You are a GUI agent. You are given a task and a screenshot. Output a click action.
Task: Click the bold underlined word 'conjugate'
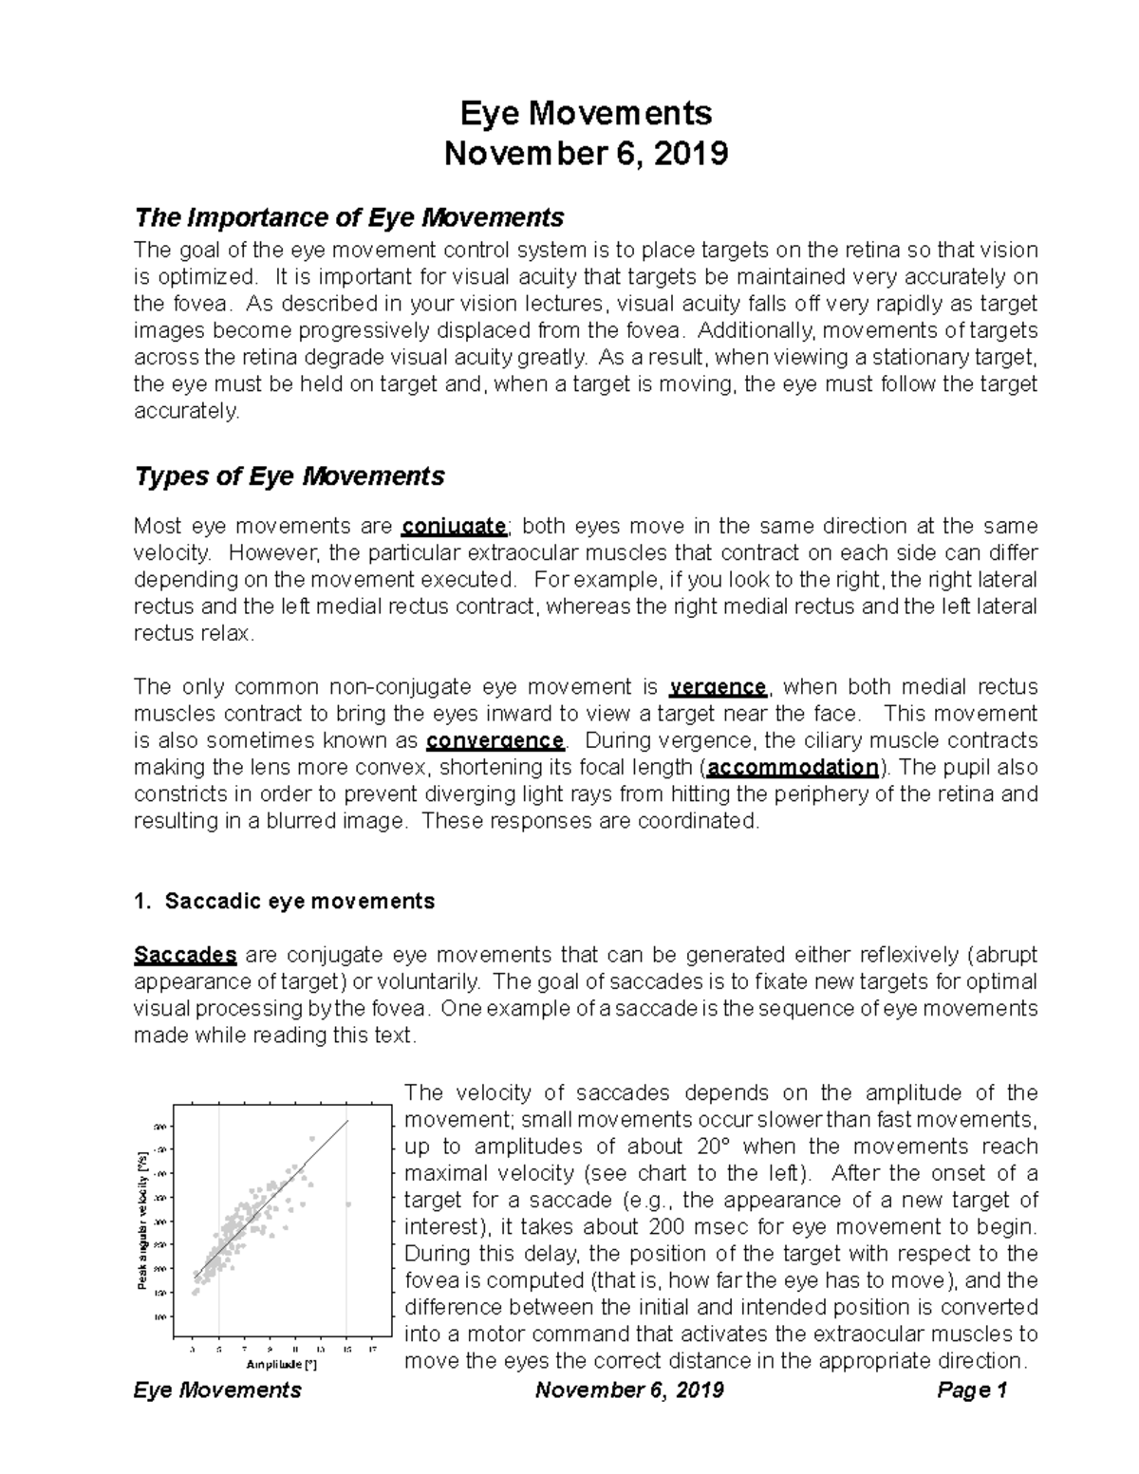pos(453,527)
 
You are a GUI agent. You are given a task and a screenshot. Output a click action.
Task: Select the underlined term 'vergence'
pos(718,687)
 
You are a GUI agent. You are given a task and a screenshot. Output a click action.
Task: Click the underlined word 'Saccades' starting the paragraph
pos(185,955)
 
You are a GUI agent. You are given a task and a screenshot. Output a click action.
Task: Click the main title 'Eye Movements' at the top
pos(586,114)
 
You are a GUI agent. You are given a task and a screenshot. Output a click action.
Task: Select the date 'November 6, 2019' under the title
pos(587,153)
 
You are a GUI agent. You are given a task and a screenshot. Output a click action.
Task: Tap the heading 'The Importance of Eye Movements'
pos(349,218)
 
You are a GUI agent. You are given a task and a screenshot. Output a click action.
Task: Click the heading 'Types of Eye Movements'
pos(289,476)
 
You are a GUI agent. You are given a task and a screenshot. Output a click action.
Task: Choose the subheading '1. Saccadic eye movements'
pos(285,902)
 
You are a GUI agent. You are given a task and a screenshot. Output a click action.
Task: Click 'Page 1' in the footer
pos(971,1390)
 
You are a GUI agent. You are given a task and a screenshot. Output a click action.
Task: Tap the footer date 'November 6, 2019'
pos(629,1390)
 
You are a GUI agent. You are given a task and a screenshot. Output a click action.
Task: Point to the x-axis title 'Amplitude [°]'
pos(281,1365)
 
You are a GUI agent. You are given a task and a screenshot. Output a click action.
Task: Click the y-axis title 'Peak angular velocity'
pos(143,1221)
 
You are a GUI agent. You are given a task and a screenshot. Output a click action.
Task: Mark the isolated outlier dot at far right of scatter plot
pos(348,1204)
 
